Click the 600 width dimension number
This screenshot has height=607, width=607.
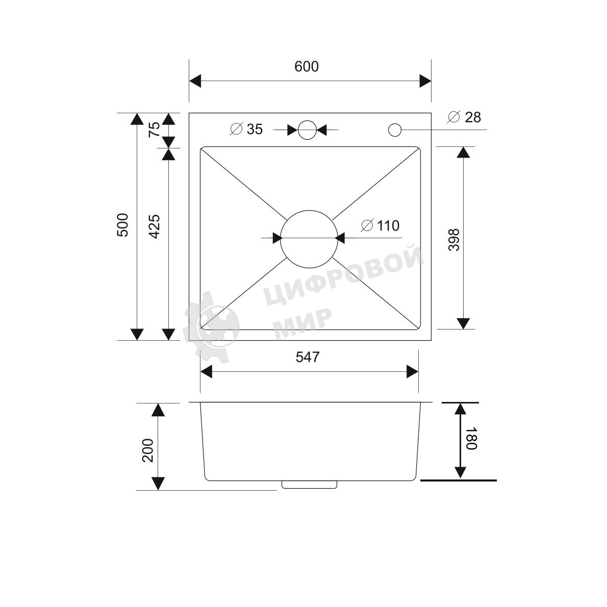pos(306,67)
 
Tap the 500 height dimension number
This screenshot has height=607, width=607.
pos(122,225)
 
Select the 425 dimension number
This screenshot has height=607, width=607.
pos(154,226)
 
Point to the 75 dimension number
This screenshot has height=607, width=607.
pos(154,129)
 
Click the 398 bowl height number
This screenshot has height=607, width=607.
pos(453,240)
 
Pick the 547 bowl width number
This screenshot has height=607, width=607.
pos(308,357)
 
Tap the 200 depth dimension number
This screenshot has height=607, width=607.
pos(148,450)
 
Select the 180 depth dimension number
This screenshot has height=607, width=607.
pos(471,439)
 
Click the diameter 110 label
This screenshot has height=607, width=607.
pos(380,225)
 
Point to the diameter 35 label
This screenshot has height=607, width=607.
pos(246,129)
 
